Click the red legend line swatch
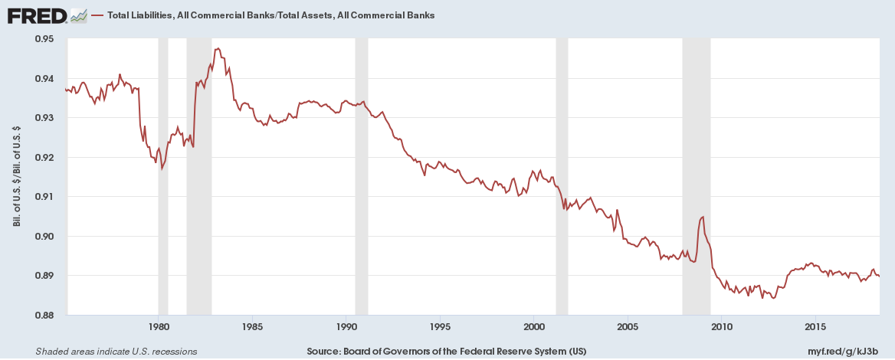point(97,15)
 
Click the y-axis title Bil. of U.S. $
point(17,176)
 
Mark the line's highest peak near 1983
point(218,48)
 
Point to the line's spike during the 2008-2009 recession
point(702,217)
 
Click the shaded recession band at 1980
point(163,176)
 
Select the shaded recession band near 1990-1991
point(361,176)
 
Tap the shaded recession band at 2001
point(562,176)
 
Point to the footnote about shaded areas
point(116,352)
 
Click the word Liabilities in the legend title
point(155,15)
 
